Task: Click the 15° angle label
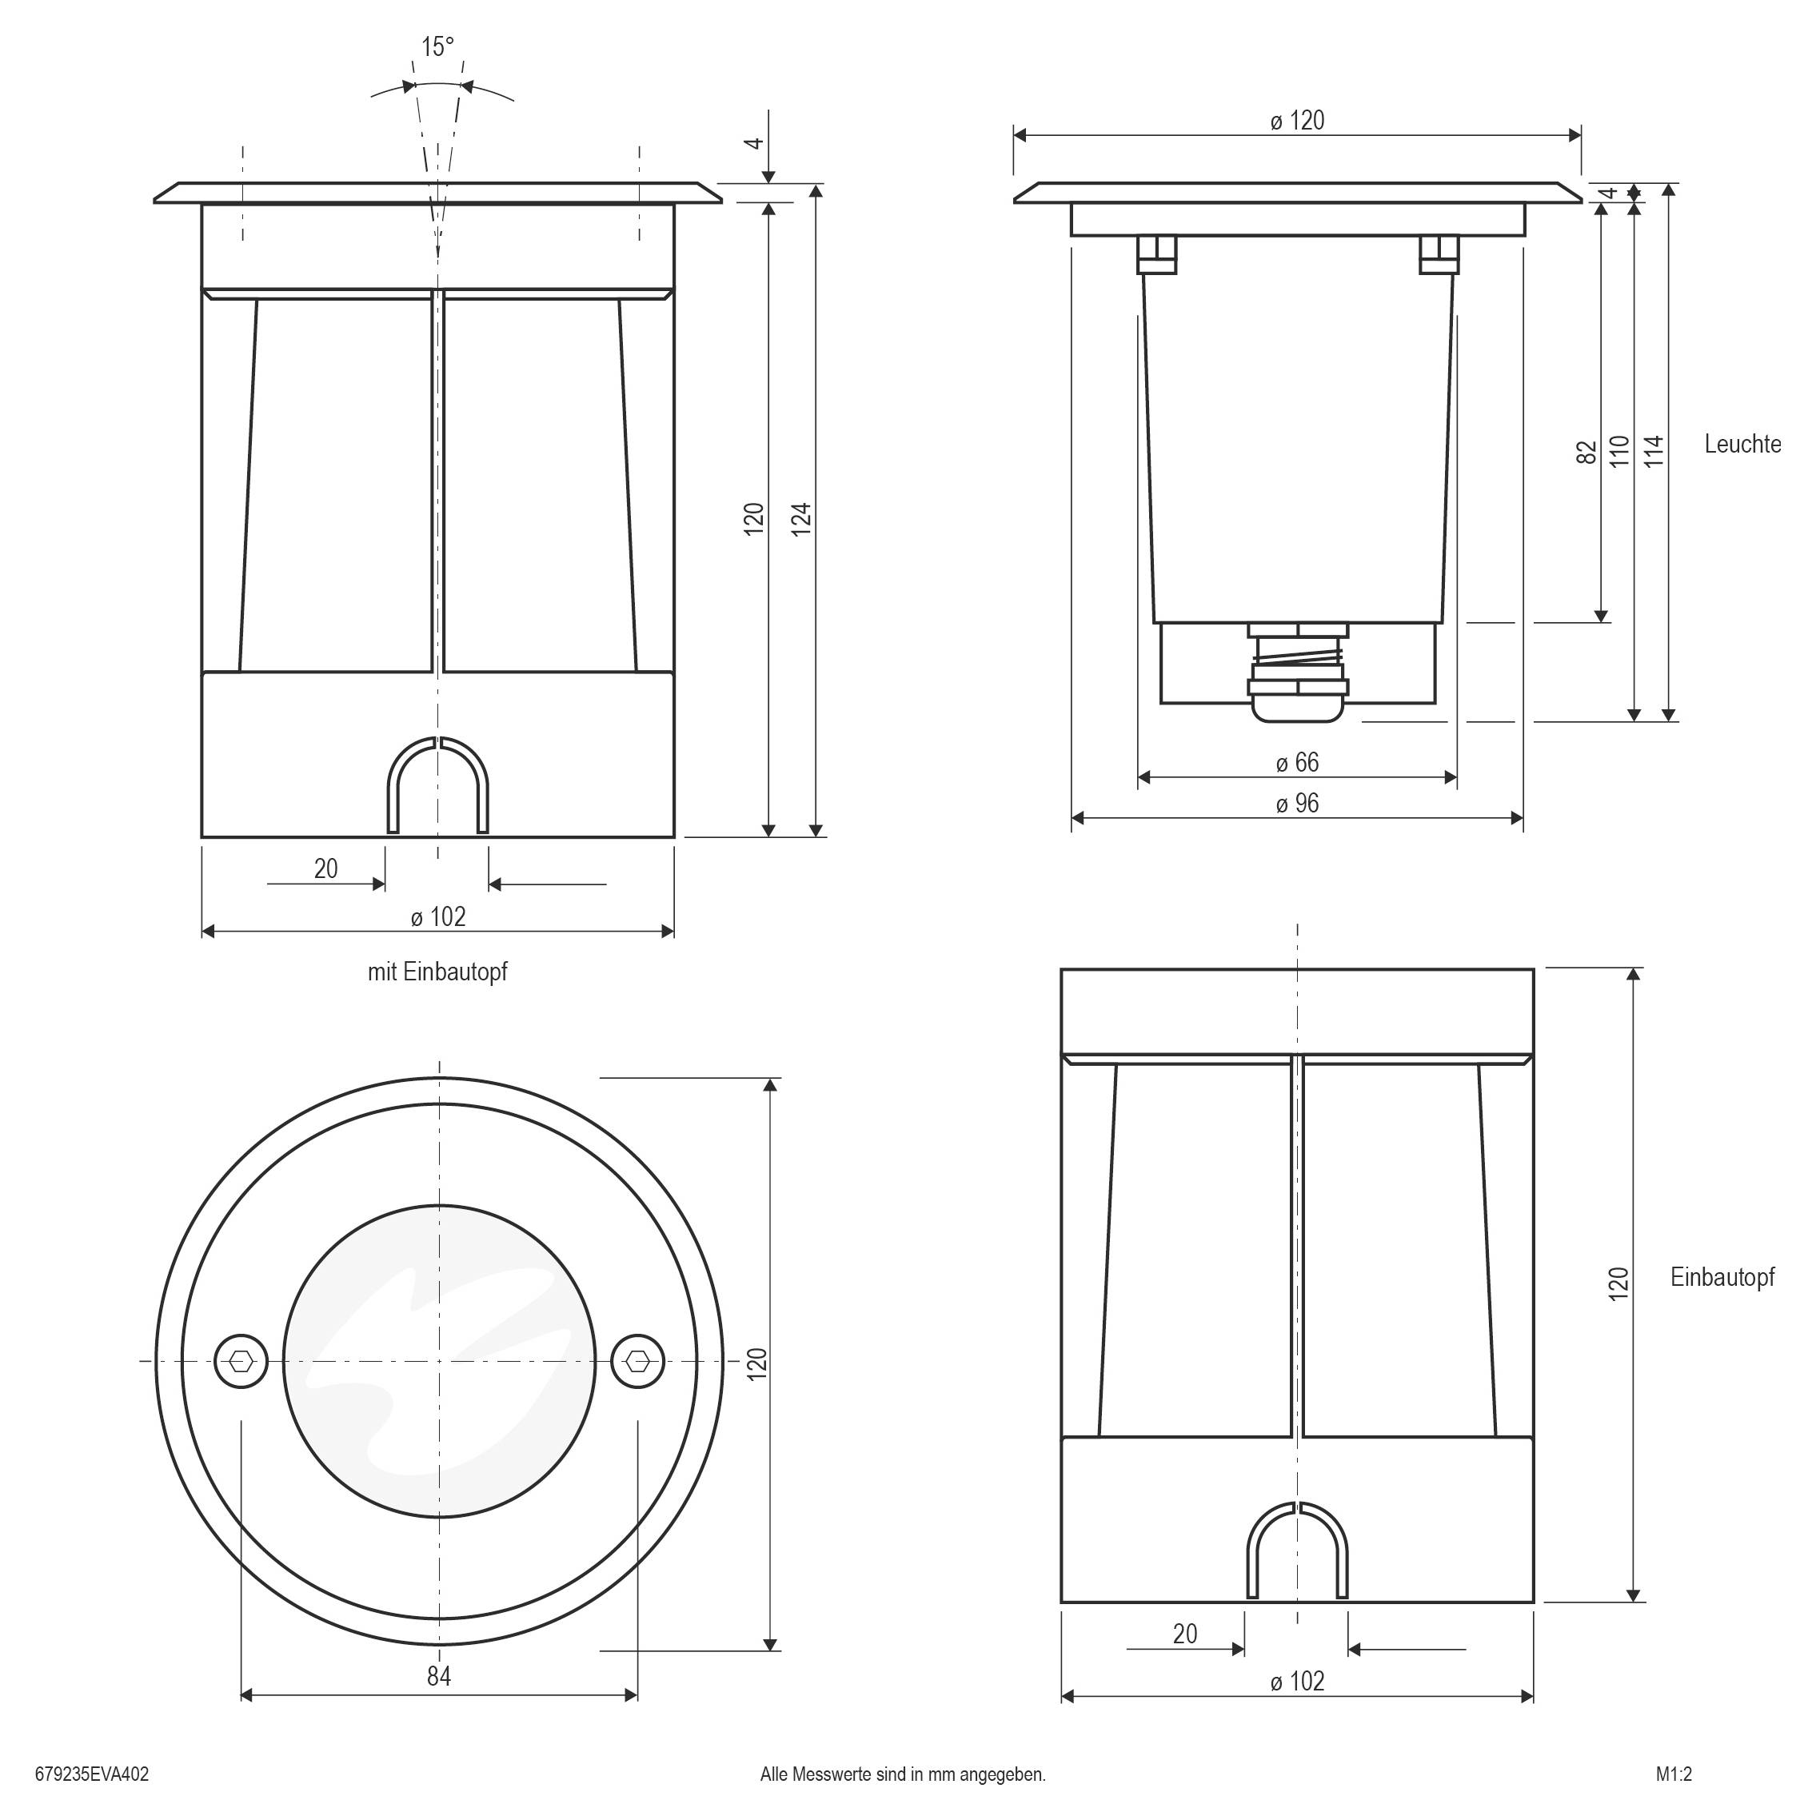pyautogui.click(x=437, y=47)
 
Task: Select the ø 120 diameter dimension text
pyautogui.click(x=1297, y=121)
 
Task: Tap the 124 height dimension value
pyautogui.click(x=800, y=520)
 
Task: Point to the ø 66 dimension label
pyautogui.click(x=1297, y=762)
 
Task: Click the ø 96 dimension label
pyautogui.click(x=1297, y=804)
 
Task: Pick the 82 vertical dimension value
pyautogui.click(x=1587, y=452)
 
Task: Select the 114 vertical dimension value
pyautogui.click(x=1654, y=451)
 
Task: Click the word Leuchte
pyautogui.click(x=1742, y=444)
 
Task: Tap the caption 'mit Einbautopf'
pyautogui.click(x=437, y=972)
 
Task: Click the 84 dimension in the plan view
pyautogui.click(x=439, y=1676)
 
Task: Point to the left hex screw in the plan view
pyautogui.click(x=241, y=1360)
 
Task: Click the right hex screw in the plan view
pyautogui.click(x=637, y=1360)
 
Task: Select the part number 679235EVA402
pyautogui.click(x=91, y=1774)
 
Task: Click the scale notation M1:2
pyautogui.click(x=1674, y=1774)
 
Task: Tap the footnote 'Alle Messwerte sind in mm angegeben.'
pyautogui.click(x=902, y=1774)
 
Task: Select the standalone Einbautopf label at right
pyautogui.click(x=1722, y=1276)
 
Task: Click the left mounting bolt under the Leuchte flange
pyautogui.click(x=1156, y=254)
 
